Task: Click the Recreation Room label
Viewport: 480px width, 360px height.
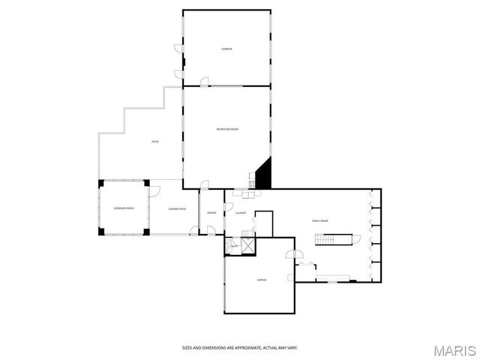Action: (227, 130)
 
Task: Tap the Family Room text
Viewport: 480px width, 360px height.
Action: (321, 220)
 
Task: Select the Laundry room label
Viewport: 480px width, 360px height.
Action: (241, 213)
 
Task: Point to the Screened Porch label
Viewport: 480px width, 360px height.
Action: (124, 208)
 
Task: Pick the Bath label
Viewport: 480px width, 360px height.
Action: (234, 245)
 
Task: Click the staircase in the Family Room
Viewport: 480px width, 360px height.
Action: (332, 239)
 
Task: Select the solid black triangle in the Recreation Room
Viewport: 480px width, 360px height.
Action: (263, 177)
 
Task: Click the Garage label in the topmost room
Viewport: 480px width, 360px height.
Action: (226, 49)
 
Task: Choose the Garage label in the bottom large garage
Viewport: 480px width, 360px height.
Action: (262, 280)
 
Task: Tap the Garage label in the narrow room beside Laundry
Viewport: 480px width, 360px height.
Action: (211, 213)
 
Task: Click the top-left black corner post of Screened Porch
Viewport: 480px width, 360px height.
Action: (100, 182)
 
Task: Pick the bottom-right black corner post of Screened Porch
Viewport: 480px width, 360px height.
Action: (148, 230)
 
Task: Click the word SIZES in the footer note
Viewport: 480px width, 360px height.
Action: (187, 347)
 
